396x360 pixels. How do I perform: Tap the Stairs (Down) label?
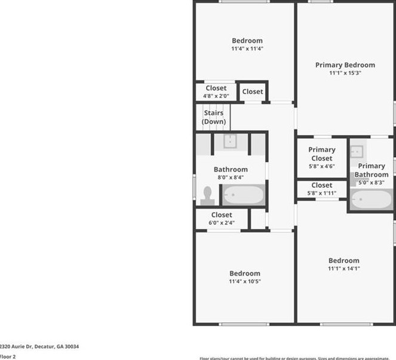tap(214, 117)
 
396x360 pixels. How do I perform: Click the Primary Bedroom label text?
tap(345, 65)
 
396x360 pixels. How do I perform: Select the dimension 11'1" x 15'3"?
tap(345, 73)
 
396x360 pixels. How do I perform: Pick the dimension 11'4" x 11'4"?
tap(247, 49)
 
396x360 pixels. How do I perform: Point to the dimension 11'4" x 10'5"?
tap(245, 281)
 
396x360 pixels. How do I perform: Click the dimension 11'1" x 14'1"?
tap(344, 269)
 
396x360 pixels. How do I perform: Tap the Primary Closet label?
tap(322, 154)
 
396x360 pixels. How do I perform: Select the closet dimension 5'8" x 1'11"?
tap(322, 193)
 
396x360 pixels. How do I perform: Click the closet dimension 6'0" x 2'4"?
tap(222, 223)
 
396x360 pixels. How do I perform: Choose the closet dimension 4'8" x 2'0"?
tap(216, 95)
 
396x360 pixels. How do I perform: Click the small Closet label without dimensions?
tap(253, 91)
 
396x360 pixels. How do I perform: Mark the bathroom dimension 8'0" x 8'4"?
tap(231, 178)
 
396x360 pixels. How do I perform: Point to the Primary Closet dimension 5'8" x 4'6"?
tap(322, 166)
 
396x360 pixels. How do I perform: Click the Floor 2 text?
tap(8, 356)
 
